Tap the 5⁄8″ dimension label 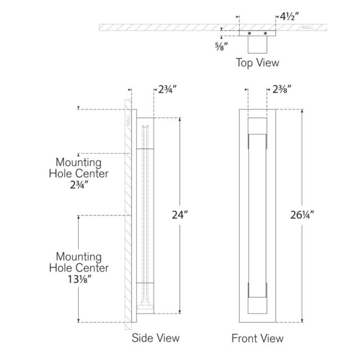coord(221,46)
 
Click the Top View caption coord(258,62)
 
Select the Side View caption coord(155,338)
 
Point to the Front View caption coord(258,338)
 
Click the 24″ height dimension coord(180,215)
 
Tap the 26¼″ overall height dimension coord(302,215)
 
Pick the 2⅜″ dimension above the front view coord(282,89)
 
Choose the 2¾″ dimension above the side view coord(168,89)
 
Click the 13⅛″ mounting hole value coord(79,280)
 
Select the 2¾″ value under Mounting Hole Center coord(79,185)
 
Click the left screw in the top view coord(249,33)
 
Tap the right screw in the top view coord(265,33)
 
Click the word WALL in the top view coord(308,28)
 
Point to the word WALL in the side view coord(128,120)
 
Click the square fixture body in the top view coord(258,44)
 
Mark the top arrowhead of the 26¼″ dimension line coord(302,111)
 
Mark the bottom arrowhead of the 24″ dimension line coord(180,312)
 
